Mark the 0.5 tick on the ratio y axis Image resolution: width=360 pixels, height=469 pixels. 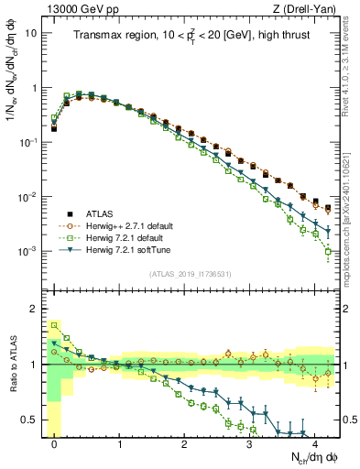point(34,420)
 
